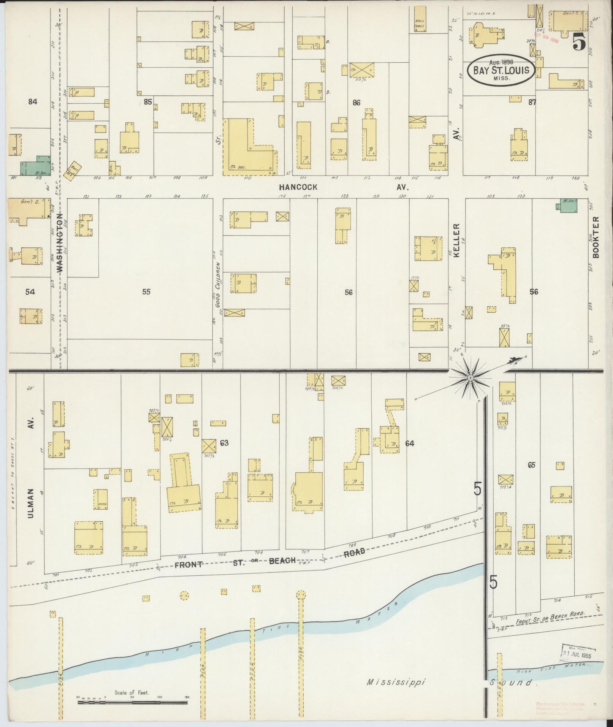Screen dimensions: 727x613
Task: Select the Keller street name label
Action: [x=456, y=240]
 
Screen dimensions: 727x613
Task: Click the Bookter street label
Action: [x=596, y=237]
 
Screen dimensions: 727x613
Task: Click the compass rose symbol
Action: [x=470, y=377]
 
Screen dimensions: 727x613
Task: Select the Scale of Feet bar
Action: [x=133, y=703]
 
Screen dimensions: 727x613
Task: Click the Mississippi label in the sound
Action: [x=396, y=682]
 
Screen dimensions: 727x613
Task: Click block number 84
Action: [x=33, y=101]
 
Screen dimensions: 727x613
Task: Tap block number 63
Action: [x=224, y=443]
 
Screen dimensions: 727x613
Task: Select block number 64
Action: [x=409, y=443]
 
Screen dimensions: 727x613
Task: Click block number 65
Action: [x=531, y=465]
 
